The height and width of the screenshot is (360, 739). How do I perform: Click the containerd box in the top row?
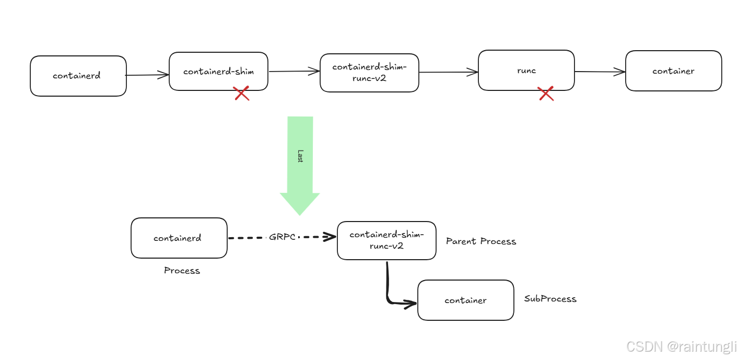[x=78, y=76]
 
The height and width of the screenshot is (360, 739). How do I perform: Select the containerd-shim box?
[x=218, y=72]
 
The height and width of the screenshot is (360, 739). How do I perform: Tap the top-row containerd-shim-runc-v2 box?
[x=369, y=73]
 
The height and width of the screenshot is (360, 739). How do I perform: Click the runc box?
[x=526, y=71]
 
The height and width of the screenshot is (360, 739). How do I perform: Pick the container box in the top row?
[x=673, y=71]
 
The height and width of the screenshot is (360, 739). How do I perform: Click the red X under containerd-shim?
[x=241, y=94]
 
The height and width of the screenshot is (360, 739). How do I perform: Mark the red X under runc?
[x=546, y=94]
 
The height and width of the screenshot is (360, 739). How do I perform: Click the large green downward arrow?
[x=300, y=172]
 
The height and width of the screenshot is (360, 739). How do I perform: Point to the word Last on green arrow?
[x=300, y=156]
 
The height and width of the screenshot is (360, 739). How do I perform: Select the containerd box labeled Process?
[x=179, y=238]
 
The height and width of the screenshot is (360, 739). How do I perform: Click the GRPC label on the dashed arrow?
[x=283, y=237]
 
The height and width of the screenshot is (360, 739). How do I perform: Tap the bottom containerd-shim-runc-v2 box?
[x=386, y=240]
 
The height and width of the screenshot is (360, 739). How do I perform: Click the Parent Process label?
[x=480, y=241]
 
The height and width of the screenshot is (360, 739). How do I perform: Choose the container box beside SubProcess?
[x=465, y=300]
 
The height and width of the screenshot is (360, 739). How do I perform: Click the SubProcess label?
[x=550, y=299]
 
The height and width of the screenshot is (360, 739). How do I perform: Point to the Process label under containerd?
[x=182, y=271]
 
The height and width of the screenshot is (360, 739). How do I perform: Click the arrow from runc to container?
[x=600, y=72]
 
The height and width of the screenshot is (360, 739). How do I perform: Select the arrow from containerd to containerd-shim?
[x=147, y=75]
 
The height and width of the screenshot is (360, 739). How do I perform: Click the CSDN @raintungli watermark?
[x=681, y=346]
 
